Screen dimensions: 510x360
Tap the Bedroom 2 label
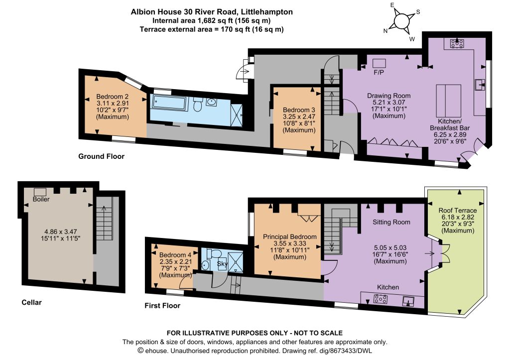pos(112,97)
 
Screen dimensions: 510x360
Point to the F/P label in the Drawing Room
pos(379,72)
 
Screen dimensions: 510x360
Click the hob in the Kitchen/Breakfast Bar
pos(457,43)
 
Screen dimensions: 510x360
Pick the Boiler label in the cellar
pos(41,199)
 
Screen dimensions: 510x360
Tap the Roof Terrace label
pos(458,210)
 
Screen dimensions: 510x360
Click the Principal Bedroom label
pos(290,237)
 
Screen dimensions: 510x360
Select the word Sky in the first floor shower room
pos(223,264)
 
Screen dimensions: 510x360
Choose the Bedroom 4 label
pos(176,254)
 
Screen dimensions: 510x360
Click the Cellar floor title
pos(31,302)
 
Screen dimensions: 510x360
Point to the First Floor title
pos(162,305)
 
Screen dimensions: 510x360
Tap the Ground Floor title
pos(101,156)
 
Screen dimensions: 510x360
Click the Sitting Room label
pos(391,222)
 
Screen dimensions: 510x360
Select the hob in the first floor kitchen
pos(381,299)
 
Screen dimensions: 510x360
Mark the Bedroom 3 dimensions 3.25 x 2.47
pos(299,117)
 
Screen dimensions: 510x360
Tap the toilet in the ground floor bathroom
pos(197,105)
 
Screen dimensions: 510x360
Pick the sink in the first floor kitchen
pos(408,301)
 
